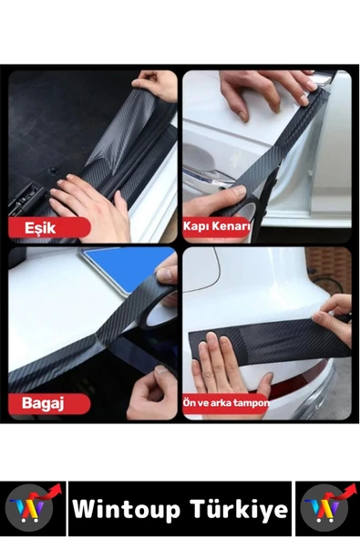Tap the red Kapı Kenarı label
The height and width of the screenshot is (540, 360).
point(217,225)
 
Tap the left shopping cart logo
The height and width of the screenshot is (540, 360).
point(33,508)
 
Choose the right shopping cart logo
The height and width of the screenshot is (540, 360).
point(327,508)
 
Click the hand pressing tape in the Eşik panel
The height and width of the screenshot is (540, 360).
point(87,205)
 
